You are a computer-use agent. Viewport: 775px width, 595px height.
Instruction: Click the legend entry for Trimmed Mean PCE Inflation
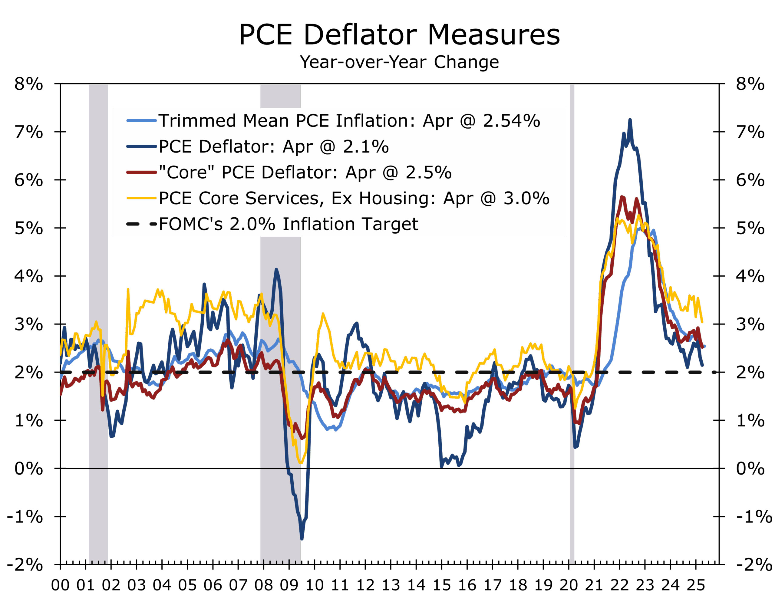[x=348, y=121]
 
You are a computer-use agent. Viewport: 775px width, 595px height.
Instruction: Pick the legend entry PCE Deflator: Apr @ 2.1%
[x=273, y=146]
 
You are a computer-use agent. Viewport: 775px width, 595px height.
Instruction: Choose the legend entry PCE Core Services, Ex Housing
[x=354, y=198]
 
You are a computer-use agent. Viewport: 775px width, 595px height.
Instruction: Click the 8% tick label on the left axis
[x=28, y=84]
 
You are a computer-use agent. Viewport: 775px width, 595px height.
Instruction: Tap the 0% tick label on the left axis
[x=28, y=468]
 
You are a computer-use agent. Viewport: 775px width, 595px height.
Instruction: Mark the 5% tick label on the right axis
[x=750, y=228]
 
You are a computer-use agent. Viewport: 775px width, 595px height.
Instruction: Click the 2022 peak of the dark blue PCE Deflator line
[x=630, y=120]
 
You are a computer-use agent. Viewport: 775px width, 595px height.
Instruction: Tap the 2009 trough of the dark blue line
[x=302, y=539]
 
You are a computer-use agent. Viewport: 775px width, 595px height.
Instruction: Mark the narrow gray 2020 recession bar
[x=572, y=319]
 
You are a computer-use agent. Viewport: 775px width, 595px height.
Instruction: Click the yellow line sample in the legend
[x=141, y=198]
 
